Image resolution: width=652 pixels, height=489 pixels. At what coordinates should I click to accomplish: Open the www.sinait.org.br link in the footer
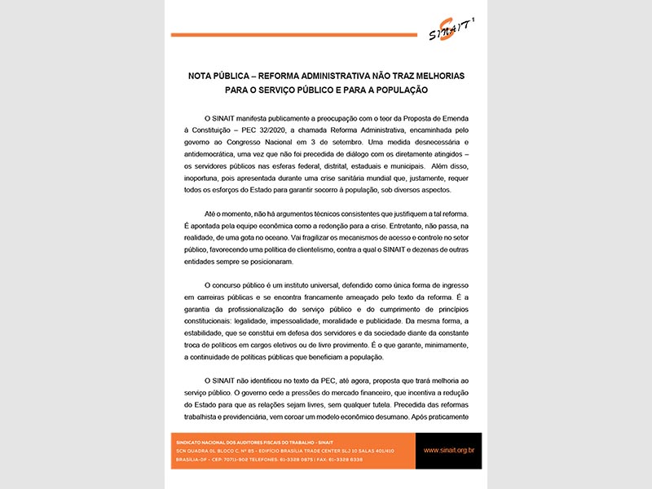click(x=449, y=449)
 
